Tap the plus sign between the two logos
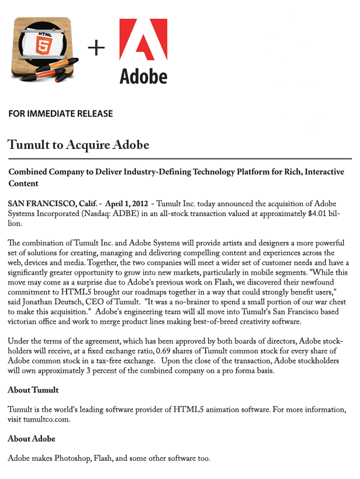click(96, 48)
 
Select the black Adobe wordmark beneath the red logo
click(143, 76)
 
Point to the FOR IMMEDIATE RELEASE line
click(61, 114)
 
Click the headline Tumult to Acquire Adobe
click(78, 144)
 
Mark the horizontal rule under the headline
click(179, 158)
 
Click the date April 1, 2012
click(127, 203)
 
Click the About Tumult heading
click(33, 390)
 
